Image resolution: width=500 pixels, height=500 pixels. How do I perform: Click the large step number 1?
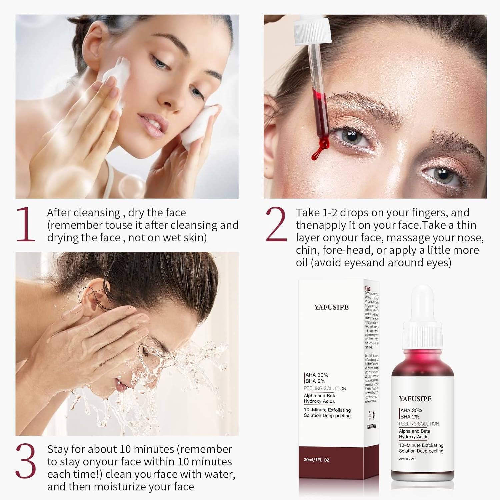(26, 224)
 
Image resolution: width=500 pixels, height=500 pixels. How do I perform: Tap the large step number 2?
(276, 224)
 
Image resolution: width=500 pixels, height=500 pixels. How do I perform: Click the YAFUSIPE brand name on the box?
(331, 307)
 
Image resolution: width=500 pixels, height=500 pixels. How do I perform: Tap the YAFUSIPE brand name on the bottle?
(415, 399)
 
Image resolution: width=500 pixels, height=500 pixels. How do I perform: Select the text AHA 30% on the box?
(317, 375)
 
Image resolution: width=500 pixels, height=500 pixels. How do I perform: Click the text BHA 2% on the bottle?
(410, 417)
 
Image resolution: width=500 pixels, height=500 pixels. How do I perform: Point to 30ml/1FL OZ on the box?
(316, 460)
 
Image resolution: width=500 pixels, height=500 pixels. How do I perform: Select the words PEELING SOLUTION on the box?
(325, 388)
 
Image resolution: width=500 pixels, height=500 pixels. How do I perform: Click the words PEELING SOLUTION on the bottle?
(419, 424)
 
